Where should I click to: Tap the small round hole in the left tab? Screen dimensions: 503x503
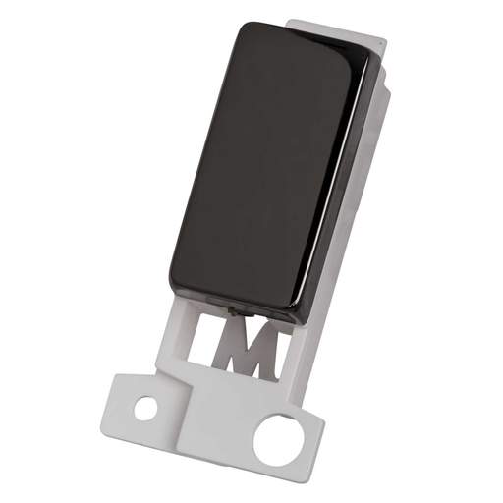[146, 405]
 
